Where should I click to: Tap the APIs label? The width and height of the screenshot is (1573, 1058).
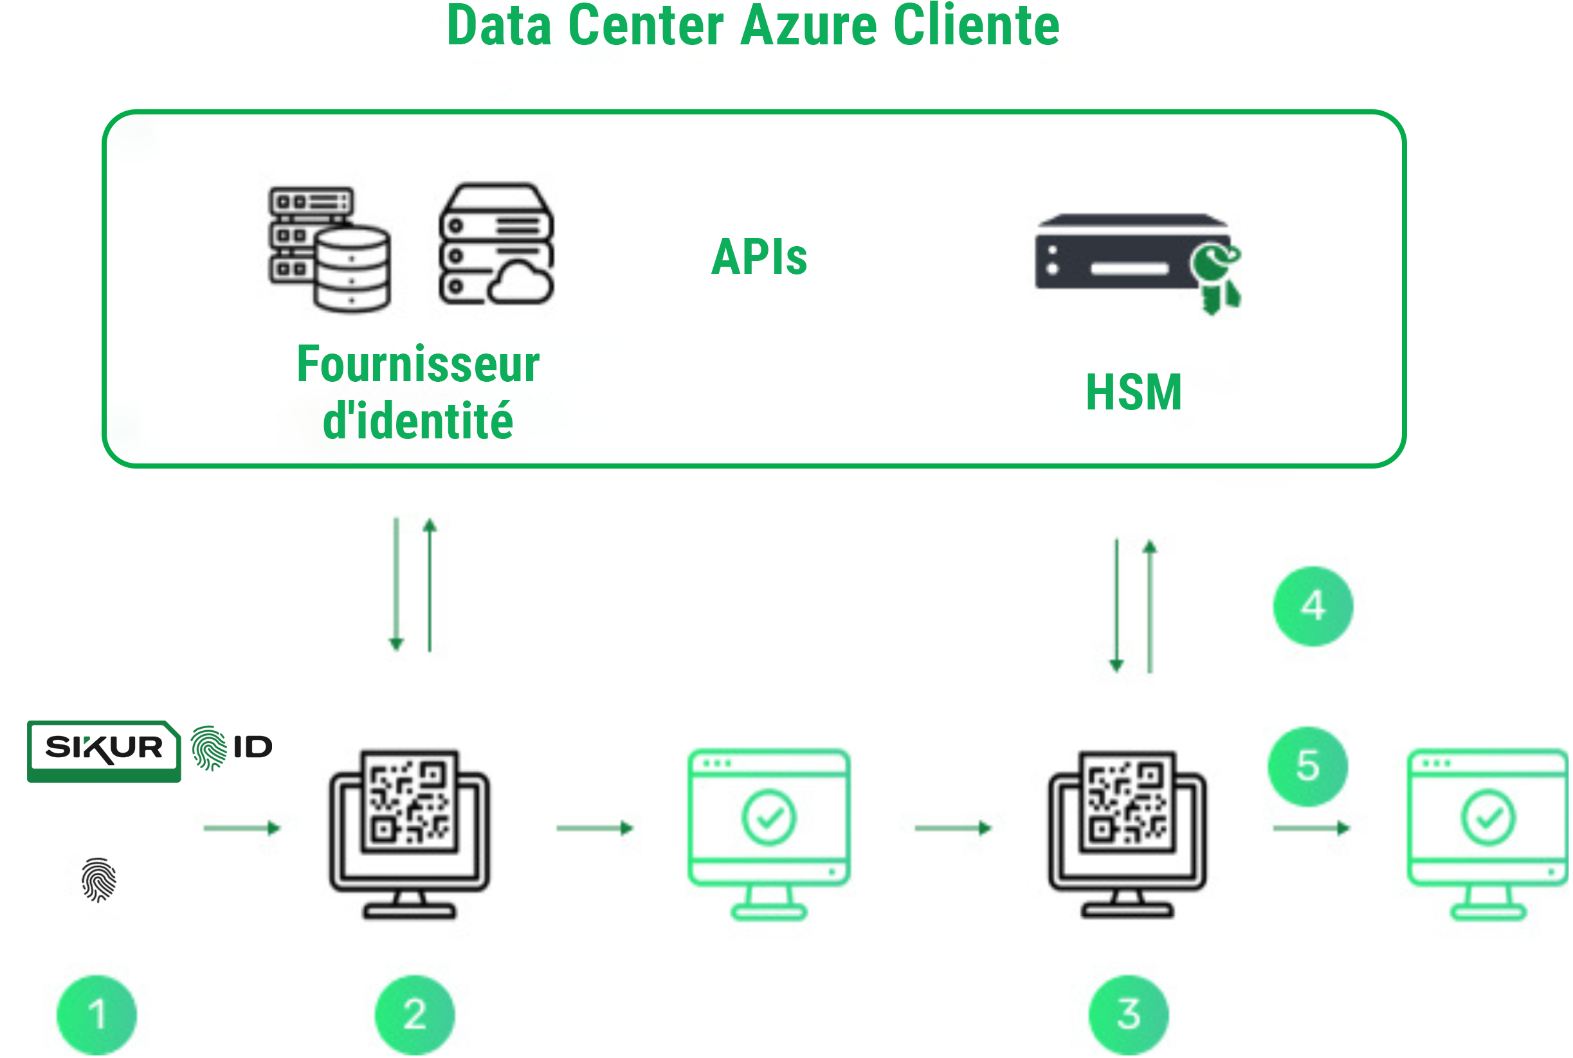(759, 257)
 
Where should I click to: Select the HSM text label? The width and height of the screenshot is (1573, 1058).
(1134, 392)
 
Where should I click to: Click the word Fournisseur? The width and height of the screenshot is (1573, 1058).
(418, 364)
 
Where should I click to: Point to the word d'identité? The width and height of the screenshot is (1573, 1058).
(418, 421)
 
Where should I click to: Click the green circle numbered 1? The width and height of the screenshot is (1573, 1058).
(96, 1014)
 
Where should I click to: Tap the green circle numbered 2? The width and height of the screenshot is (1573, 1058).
(415, 1014)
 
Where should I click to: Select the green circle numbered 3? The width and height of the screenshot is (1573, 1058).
(1128, 1014)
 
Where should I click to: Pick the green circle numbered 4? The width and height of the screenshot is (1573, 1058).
(1313, 606)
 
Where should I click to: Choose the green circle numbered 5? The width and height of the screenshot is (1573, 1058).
(1307, 766)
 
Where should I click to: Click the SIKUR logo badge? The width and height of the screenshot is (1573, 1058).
(104, 749)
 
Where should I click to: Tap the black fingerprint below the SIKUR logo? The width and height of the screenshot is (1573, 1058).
(98, 879)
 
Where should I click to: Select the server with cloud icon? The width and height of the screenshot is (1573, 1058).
(496, 244)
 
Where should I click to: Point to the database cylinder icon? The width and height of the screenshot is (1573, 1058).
(351, 270)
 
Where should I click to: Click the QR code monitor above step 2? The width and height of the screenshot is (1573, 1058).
(410, 832)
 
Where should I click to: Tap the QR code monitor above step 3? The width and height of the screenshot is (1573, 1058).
(1127, 832)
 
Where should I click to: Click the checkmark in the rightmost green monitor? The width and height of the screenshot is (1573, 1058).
(1487, 818)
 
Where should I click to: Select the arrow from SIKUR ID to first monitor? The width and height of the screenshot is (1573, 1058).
(242, 828)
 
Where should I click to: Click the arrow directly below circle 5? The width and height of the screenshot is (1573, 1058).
(1311, 828)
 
